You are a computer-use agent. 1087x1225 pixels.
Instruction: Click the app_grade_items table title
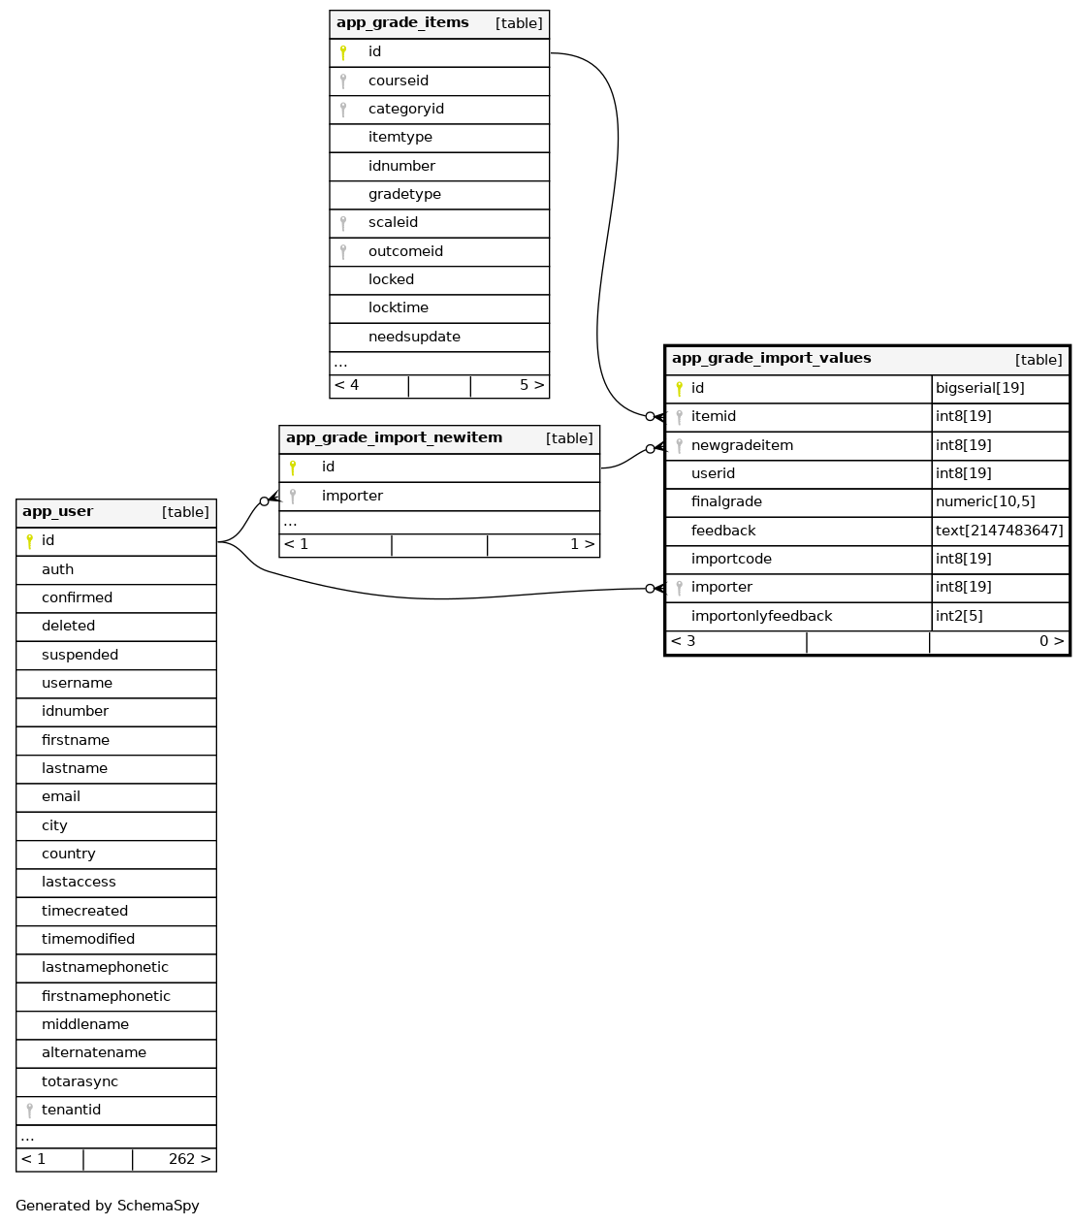(x=402, y=23)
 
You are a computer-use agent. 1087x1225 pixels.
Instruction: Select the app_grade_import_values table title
(x=771, y=359)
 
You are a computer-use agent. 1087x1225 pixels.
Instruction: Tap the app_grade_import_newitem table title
(x=394, y=438)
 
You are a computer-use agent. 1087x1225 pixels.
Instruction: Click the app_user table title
(x=58, y=512)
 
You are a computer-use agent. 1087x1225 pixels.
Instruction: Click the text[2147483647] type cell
(x=999, y=531)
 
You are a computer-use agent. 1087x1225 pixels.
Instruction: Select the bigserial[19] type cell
(x=979, y=388)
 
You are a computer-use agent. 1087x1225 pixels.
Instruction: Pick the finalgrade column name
(x=726, y=501)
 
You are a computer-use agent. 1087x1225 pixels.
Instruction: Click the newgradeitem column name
(x=742, y=445)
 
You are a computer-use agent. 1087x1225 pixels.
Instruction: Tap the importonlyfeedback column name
(x=761, y=616)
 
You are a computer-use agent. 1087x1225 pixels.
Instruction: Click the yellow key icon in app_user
(x=29, y=541)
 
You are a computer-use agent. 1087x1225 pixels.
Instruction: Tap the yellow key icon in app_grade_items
(x=343, y=52)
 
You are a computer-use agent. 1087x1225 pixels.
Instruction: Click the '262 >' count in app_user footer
(x=189, y=1159)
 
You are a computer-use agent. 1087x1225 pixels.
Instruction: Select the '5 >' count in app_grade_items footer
(x=531, y=385)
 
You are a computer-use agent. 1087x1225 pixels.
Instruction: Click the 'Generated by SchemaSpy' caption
(x=108, y=1206)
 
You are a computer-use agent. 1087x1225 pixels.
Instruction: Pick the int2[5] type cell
(x=959, y=616)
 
